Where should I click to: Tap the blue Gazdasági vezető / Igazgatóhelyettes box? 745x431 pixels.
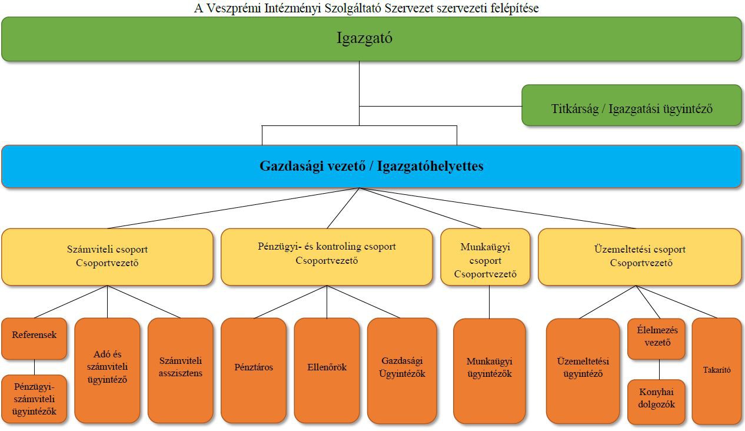[371, 167]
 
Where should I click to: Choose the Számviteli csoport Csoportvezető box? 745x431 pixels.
[107, 257]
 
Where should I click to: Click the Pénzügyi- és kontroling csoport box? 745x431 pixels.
[327, 257]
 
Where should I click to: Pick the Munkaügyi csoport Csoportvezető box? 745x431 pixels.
[485, 257]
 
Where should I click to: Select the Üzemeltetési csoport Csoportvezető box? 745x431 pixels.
[640, 257]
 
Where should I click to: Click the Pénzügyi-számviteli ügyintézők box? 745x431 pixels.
[34, 399]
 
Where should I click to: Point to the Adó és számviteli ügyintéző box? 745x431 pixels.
[107, 370]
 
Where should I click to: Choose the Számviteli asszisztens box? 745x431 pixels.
[180, 370]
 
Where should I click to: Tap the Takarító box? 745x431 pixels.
[716, 371]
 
